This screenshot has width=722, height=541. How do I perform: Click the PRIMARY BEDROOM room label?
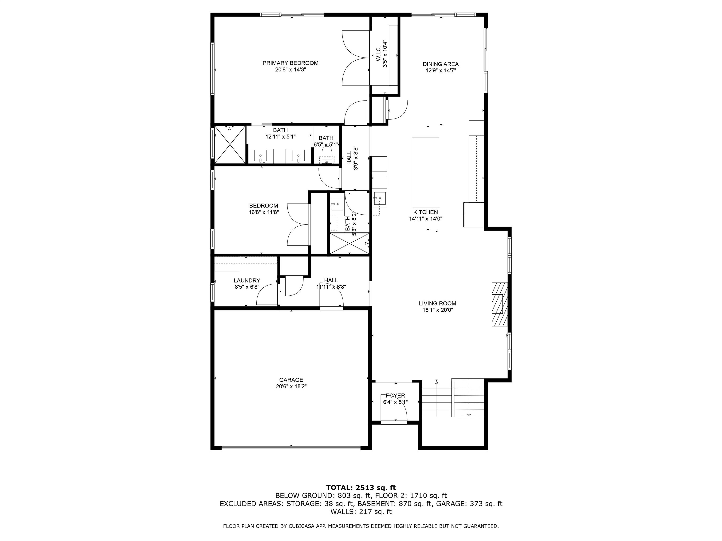click(290, 63)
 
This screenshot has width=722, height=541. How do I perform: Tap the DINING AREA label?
click(440, 64)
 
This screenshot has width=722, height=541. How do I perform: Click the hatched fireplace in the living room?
click(500, 304)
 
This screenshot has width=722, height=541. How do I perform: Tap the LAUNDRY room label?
click(247, 280)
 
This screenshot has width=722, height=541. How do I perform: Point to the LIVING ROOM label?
click(437, 303)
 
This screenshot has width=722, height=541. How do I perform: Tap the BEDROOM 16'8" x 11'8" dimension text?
click(263, 212)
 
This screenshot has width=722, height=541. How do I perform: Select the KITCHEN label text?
click(425, 212)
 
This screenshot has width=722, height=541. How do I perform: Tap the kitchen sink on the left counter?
click(380, 198)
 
